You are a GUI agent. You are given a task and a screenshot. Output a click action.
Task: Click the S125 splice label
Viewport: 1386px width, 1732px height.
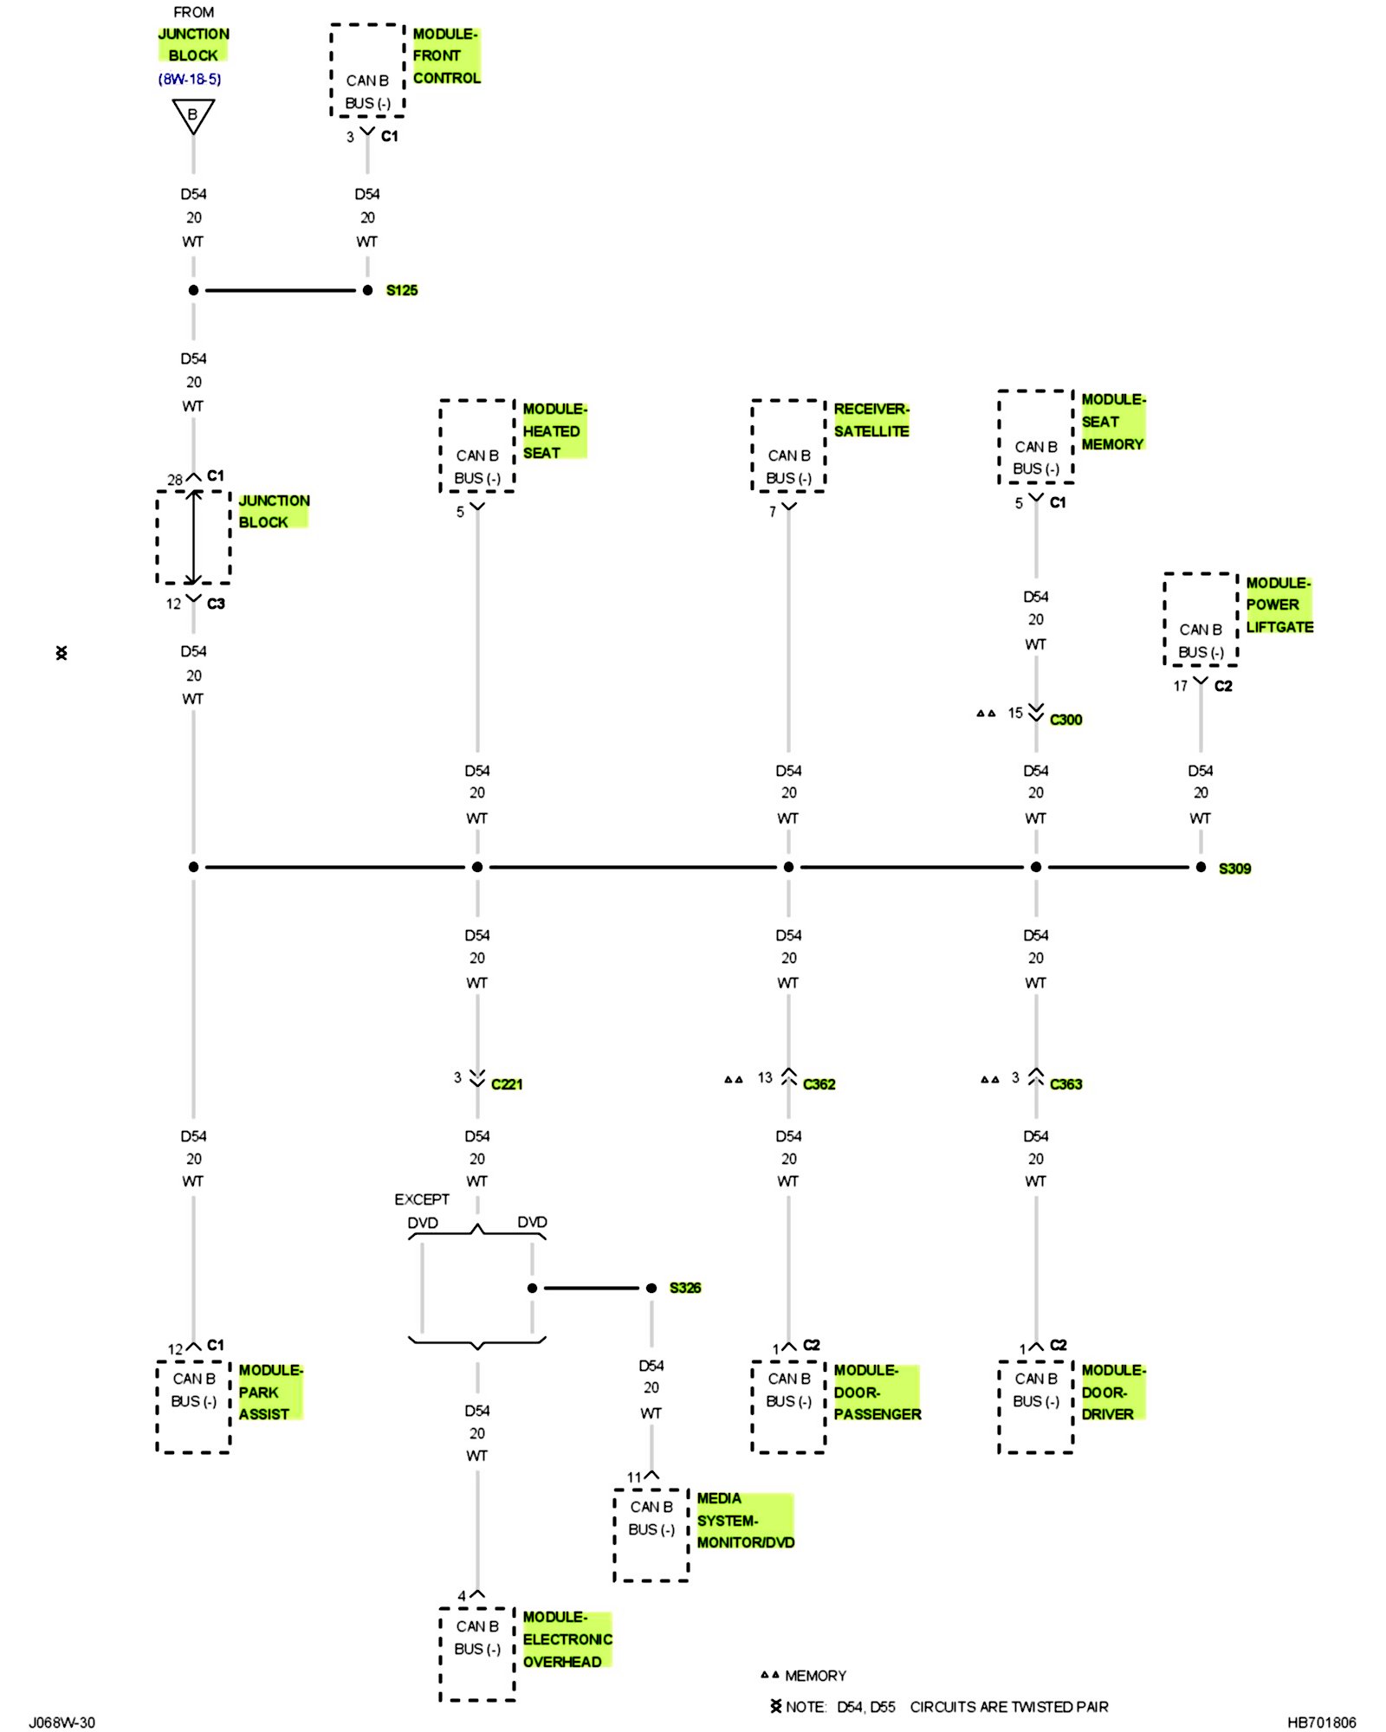coord(401,290)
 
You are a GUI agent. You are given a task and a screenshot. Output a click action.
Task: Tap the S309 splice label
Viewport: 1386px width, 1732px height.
coord(1234,869)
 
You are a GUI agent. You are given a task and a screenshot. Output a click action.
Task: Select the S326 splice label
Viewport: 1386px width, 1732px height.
coord(684,1288)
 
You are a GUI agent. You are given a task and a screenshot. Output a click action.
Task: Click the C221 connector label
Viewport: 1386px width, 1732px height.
coord(507,1084)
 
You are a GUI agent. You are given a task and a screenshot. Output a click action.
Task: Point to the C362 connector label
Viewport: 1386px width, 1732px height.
coord(819,1084)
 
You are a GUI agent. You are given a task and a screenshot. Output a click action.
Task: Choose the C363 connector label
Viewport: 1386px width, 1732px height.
coord(1065,1084)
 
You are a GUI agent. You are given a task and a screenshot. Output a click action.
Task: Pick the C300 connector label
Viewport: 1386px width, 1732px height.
coord(1065,720)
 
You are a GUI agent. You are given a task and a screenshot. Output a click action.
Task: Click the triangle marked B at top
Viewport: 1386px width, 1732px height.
coord(193,115)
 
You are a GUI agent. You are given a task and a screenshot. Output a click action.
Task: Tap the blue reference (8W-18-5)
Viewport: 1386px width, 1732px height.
coord(190,79)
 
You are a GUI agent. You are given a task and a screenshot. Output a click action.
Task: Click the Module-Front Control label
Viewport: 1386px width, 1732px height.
coord(446,56)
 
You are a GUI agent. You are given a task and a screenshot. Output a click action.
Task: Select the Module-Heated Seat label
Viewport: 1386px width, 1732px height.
coord(554,430)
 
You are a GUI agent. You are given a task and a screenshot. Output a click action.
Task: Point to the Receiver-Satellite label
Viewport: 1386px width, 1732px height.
coord(871,420)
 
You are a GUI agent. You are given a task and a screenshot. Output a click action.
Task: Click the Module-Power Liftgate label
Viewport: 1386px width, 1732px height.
coord(1279,604)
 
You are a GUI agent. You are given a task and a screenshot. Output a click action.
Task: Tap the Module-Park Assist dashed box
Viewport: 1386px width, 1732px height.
coord(193,1406)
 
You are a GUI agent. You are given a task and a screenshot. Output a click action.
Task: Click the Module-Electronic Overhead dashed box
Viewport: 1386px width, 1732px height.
coord(477,1654)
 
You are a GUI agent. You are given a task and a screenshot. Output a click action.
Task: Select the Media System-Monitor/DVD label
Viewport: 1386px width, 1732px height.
coord(745,1520)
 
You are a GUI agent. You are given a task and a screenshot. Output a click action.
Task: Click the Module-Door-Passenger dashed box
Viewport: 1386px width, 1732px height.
coord(788,1406)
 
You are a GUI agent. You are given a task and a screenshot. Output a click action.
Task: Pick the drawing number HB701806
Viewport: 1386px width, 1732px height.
coord(1321,1722)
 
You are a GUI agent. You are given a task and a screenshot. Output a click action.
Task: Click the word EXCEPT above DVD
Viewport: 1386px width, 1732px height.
coord(422,1199)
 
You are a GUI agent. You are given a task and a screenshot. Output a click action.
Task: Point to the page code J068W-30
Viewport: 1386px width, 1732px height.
coord(62,1722)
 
